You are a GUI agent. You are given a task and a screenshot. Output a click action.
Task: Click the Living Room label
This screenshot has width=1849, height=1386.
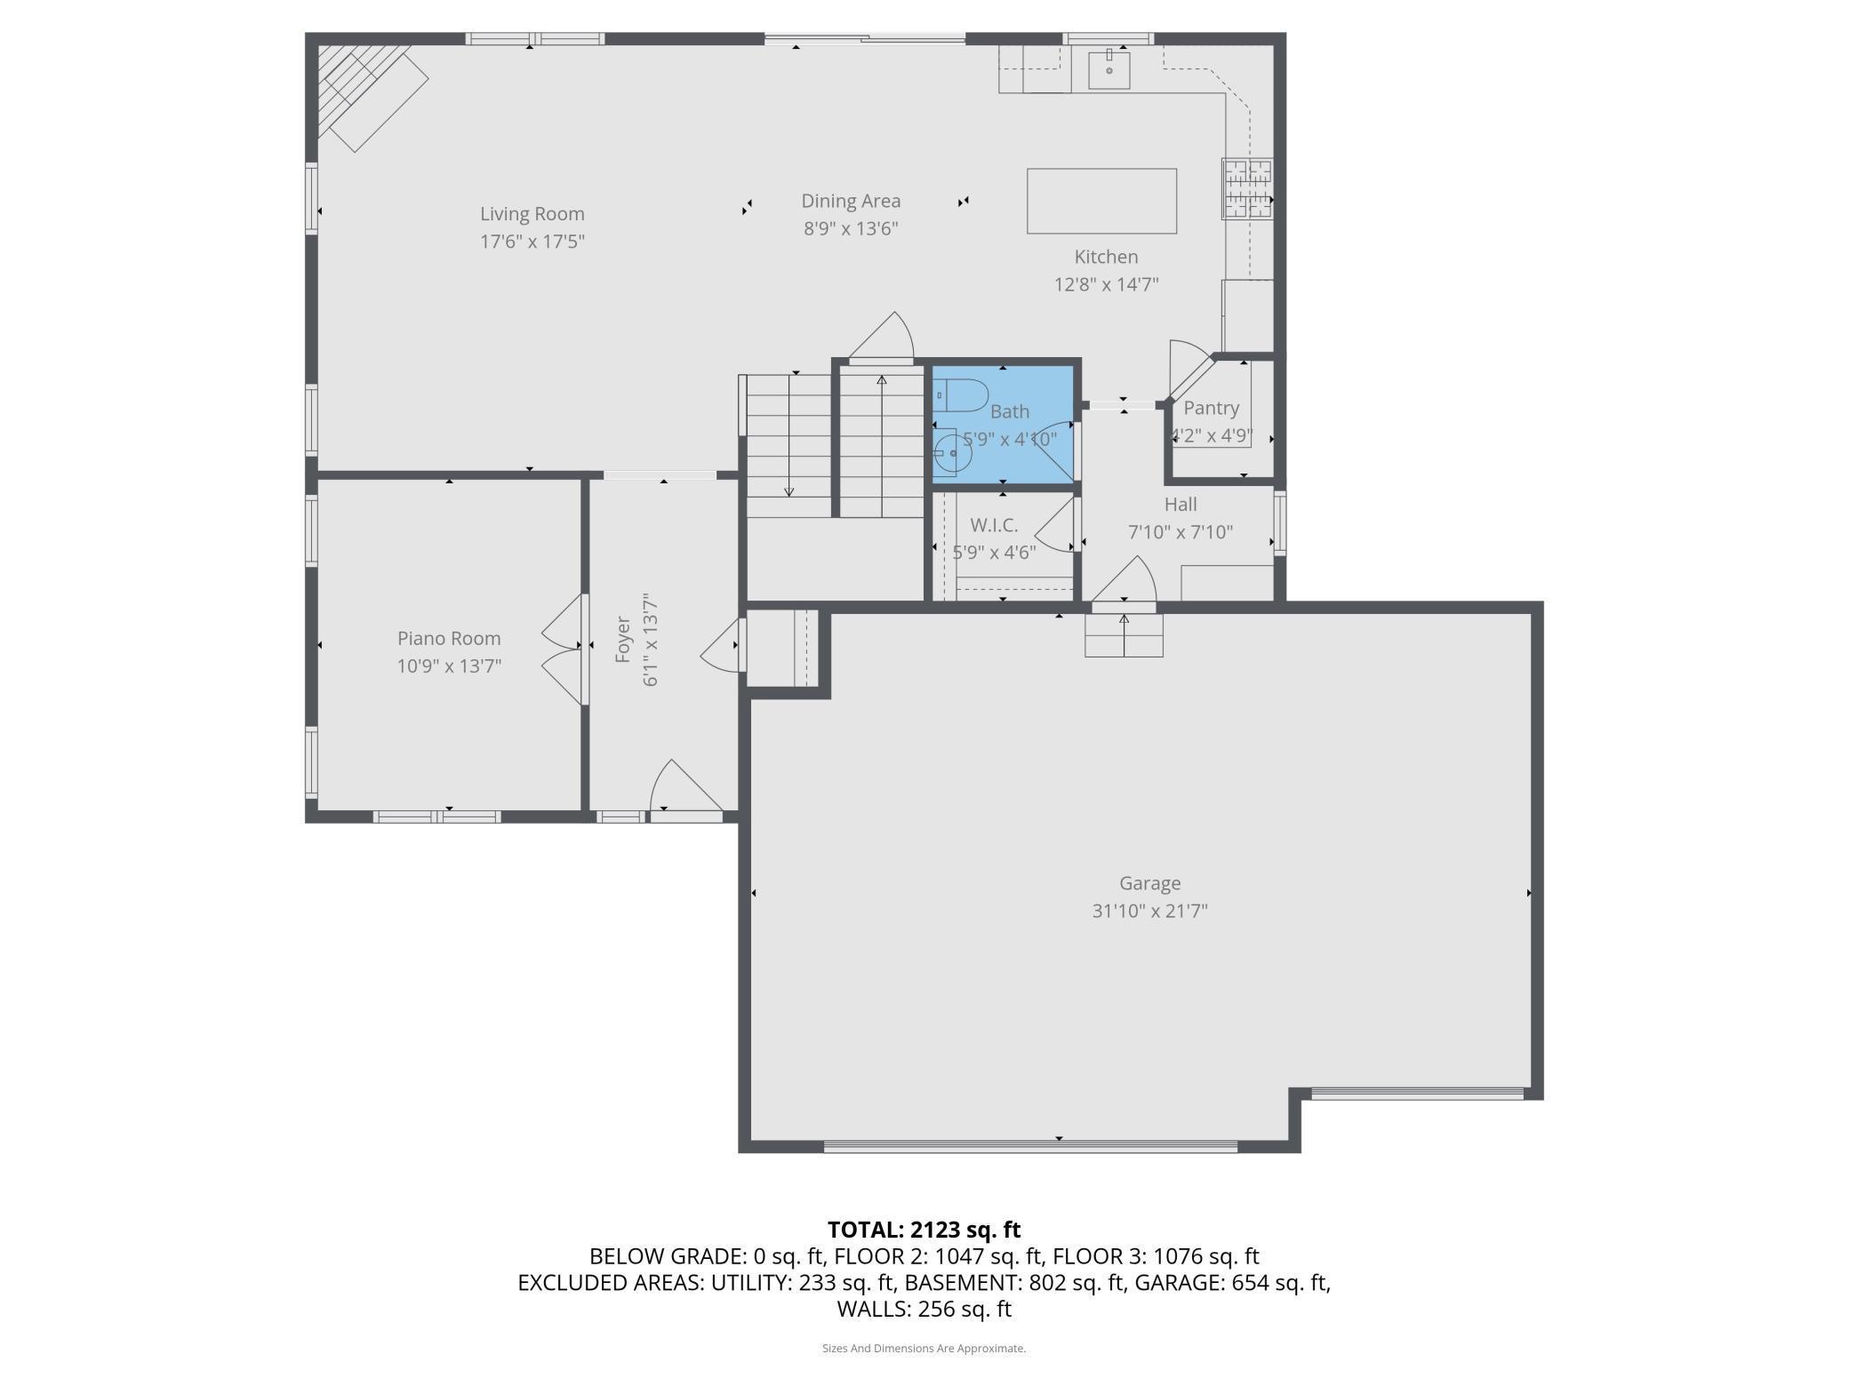(x=532, y=214)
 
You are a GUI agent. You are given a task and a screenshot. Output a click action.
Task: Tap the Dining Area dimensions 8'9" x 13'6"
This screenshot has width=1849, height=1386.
(x=851, y=229)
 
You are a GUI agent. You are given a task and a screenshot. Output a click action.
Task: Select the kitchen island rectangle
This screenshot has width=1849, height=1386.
(x=1101, y=202)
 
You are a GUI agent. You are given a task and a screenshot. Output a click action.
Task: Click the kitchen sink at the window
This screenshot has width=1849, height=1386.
(x=1109, y=69)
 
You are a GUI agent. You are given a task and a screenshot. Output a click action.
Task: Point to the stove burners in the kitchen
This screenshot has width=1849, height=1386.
(x=1247, y=188)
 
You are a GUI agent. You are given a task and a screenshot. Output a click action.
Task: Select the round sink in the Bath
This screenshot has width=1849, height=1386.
(x=952, y=453)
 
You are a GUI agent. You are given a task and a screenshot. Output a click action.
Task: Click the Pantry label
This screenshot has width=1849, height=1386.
(x=1211, y=408)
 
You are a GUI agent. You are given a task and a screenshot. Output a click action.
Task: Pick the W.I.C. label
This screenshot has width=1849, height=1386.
(x=994, y=525)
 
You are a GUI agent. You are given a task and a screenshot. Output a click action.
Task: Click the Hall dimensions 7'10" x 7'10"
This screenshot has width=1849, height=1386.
(x=1181, y=532)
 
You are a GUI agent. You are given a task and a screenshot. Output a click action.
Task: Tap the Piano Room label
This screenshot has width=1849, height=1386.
(x=449, y=638)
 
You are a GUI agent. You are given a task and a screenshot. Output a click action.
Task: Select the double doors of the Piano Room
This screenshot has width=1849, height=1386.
(x=563, y=649)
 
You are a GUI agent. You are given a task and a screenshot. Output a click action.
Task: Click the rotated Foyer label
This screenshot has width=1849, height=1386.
(x=623, y=639)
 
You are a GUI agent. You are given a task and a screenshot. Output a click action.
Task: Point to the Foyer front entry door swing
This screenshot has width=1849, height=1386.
(x=686, y=786)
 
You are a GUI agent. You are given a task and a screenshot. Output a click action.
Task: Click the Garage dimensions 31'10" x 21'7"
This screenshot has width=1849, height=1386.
(x=1150, y=911)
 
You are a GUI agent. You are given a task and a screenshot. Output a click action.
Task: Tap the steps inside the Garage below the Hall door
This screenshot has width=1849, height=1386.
(x=1124, y=635)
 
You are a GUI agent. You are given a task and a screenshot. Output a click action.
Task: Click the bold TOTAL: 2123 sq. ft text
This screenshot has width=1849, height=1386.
(x=924, y=1230)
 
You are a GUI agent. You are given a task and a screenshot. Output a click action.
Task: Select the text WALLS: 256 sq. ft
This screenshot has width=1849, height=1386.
(x=924, y=1309)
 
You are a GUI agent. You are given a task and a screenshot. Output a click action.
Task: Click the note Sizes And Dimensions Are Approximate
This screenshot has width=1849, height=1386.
(x=924, y=1348)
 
